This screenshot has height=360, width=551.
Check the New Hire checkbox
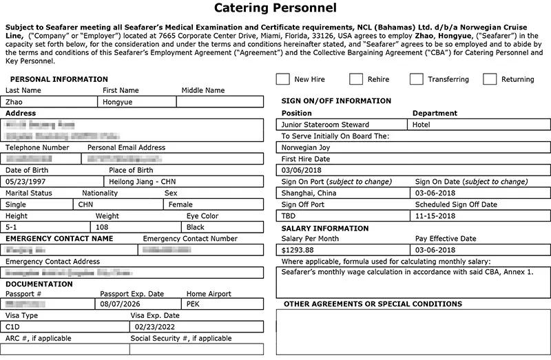point(282,79)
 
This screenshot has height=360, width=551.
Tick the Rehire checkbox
point(356,79)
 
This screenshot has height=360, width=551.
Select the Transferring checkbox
point(416,79)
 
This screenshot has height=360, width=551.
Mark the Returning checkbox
point(490,79)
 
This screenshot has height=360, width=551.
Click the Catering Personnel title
point(275,9)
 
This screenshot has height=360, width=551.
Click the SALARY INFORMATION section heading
point(325,229)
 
